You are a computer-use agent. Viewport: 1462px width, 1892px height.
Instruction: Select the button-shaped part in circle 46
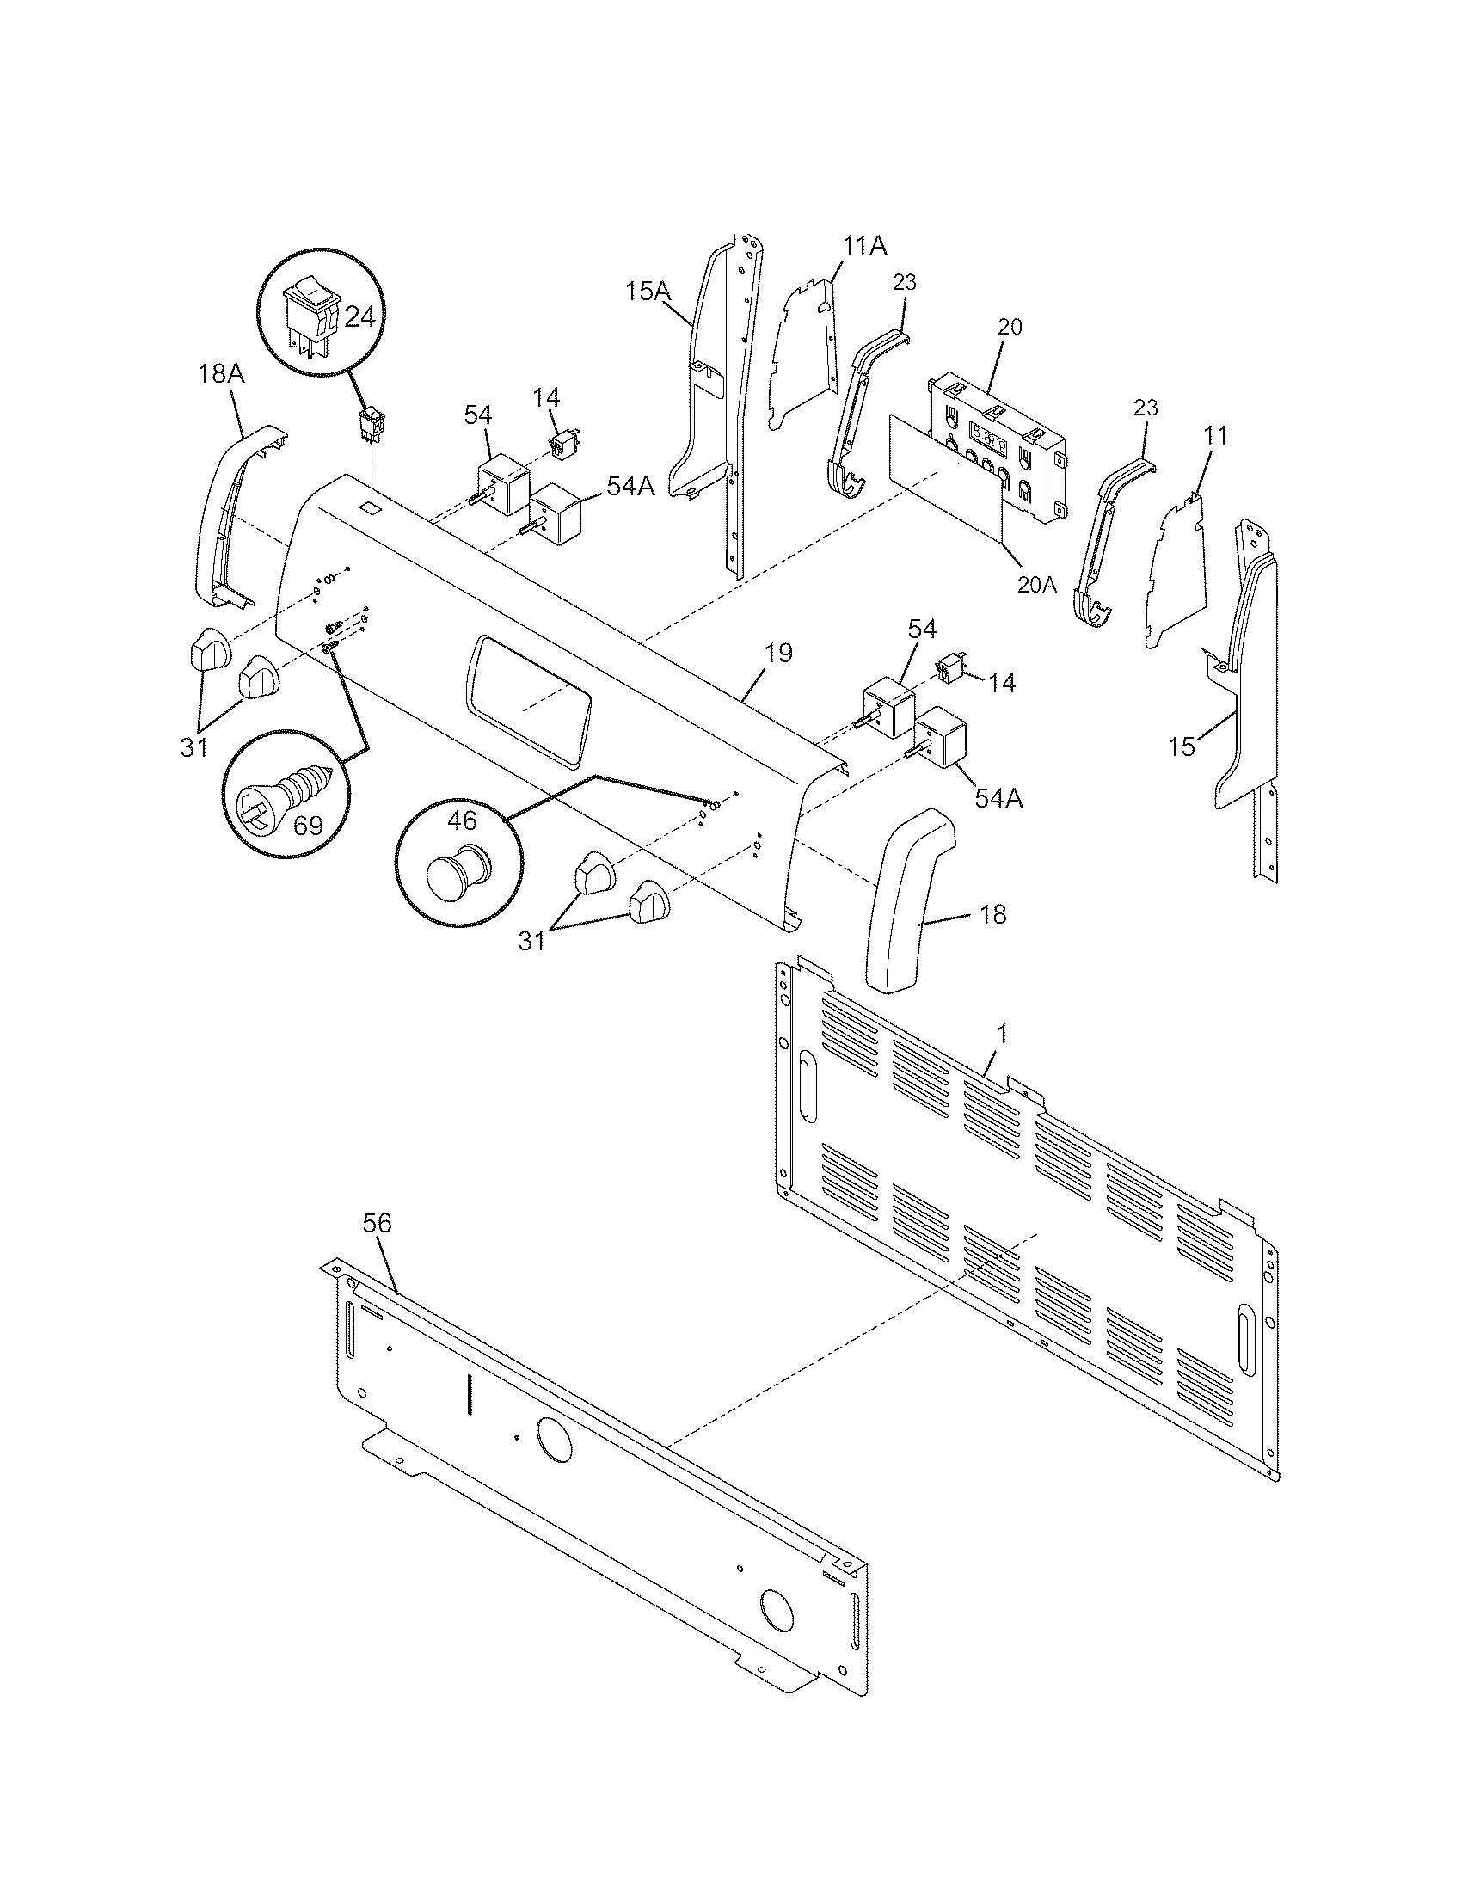coord(457,867)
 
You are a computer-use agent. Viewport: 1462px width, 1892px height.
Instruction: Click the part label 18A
coord(221,375)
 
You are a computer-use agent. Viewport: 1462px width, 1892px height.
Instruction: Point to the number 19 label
coord(778,654)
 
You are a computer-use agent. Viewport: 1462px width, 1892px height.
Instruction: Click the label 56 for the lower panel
coord(377,1223)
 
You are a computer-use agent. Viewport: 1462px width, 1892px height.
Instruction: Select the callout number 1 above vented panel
coord(1002,1034)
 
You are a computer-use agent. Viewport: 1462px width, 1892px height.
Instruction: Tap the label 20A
coord(1038,585)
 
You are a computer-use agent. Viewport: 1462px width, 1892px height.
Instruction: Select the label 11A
coord(865,247)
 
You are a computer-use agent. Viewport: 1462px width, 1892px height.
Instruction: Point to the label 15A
coord(648,292)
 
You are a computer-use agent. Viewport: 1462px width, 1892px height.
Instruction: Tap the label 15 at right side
coord(1182,746)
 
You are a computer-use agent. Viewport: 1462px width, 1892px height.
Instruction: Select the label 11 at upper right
coord(1216,436)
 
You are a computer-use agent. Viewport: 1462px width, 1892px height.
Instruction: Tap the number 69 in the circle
coord(308,826)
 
